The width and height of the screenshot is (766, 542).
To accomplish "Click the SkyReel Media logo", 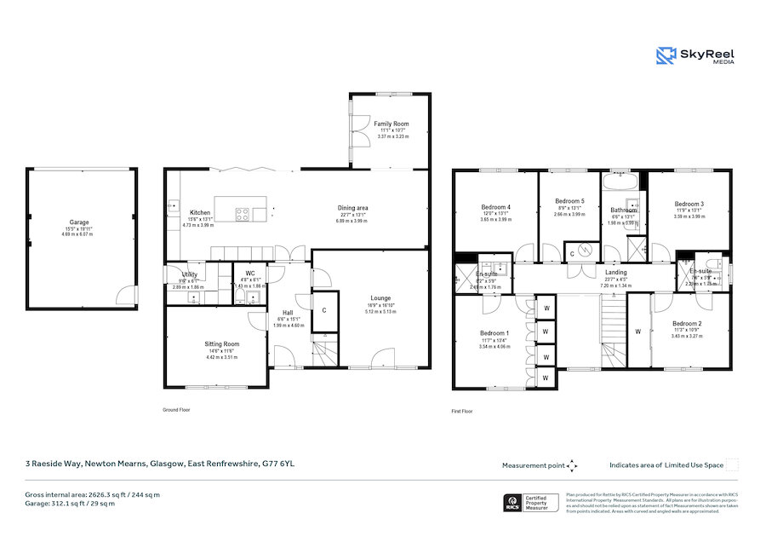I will (x=695, y=56).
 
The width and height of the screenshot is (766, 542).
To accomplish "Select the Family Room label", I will (x=392, y=124).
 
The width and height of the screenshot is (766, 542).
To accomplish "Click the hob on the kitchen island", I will (x=242, y=215).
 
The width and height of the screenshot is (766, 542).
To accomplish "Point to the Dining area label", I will (x=352, y=208).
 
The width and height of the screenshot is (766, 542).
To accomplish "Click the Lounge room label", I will (x=380, y=298).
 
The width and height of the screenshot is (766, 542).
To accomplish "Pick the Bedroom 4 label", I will (x=495, y=207).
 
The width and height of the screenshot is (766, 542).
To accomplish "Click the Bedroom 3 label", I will (x=689, y=205).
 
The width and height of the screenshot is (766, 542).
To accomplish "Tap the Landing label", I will (x=615, y=272).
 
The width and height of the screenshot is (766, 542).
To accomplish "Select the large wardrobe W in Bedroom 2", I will (x=637, y=331).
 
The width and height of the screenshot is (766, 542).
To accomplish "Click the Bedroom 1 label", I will (x=494, y=333).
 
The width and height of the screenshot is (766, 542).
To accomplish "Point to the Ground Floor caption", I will (x=176, y=410).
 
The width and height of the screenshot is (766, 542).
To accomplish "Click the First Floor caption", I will (x=462, y=411).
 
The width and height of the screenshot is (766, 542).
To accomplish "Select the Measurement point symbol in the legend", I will (x=573, y=465).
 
